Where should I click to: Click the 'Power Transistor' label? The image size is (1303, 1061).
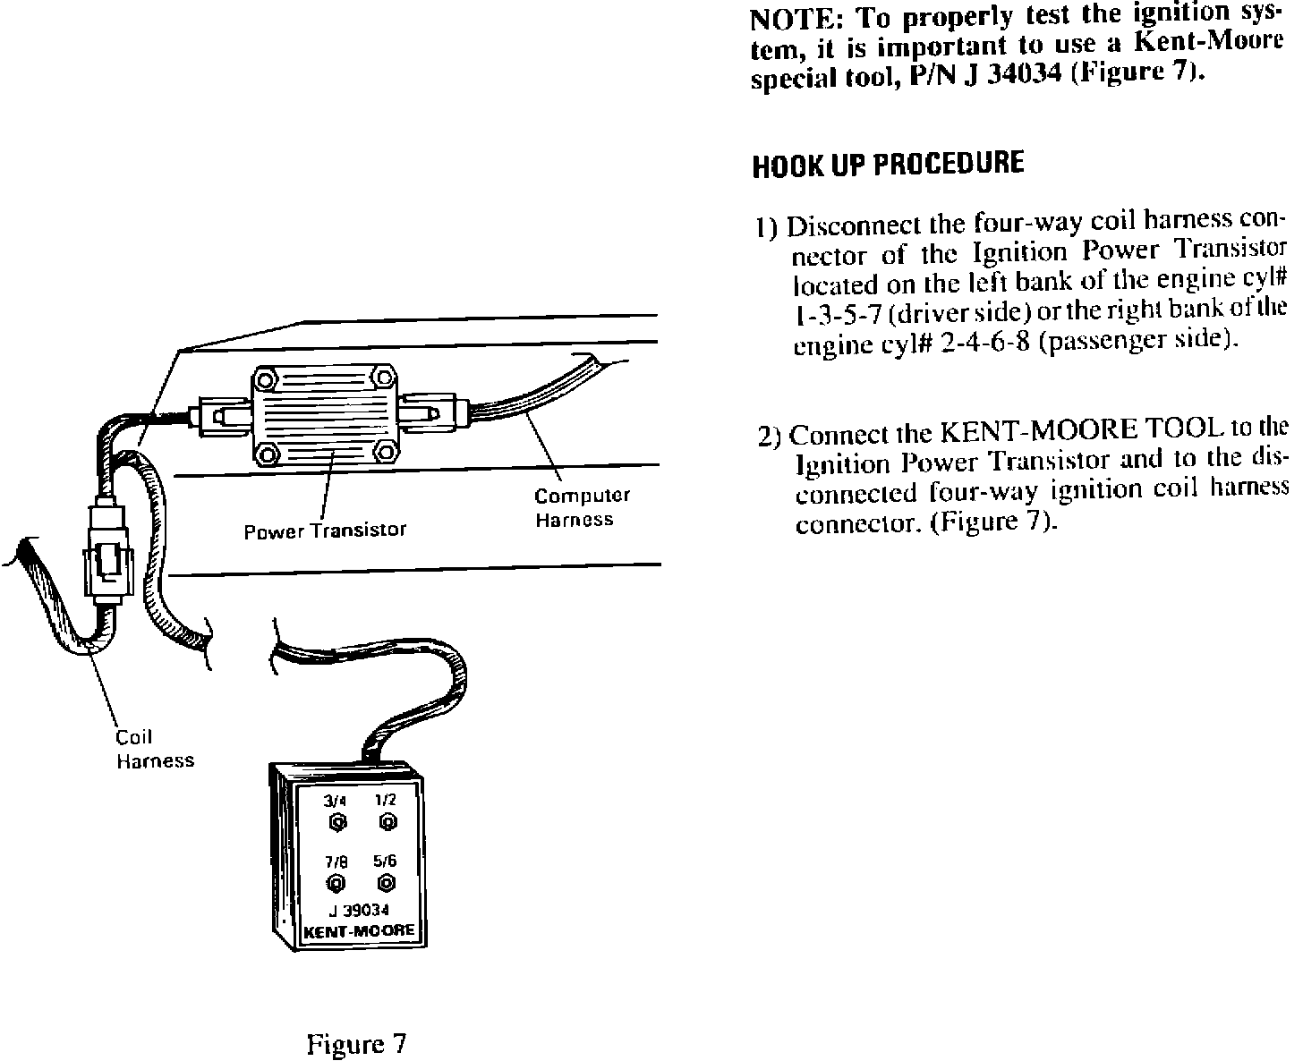click(325, 530)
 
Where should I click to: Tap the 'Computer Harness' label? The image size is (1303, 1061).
click(582, 507)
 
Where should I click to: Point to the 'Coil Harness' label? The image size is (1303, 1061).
click(154, 750)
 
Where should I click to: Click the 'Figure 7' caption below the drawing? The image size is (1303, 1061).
click(356, 1044)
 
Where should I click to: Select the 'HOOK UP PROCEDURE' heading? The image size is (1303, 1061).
click(887, 165)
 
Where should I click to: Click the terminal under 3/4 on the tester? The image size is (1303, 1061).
click(337, 821)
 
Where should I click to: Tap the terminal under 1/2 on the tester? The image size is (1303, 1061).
click(387, 821)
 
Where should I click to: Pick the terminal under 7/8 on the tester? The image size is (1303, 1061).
click(336, 884)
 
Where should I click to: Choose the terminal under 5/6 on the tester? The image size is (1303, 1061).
click(386, 884)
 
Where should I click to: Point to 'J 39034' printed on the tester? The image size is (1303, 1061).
click(358, 912)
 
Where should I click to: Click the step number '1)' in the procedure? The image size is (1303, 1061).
click(765, 227)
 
